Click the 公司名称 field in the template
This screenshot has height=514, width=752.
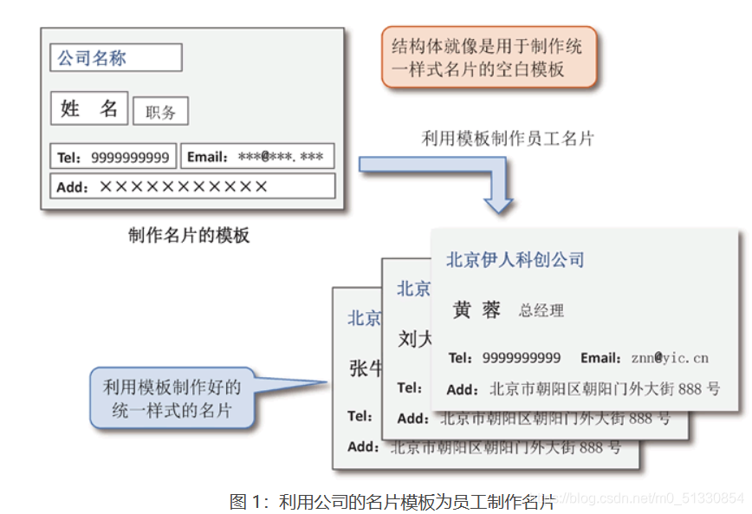click(115, 58)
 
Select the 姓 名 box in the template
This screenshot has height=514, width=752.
click(89, 108)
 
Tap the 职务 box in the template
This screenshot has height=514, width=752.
click(160, 112)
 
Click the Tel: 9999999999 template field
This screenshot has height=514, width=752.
click(113, 157)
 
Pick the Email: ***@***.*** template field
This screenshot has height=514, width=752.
click(256, 157)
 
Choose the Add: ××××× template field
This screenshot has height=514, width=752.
click(192, 186)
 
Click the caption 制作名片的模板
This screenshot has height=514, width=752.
click(188, 235)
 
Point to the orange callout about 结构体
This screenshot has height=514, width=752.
click(489, 56)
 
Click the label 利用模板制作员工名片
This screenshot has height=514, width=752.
click(508, 138)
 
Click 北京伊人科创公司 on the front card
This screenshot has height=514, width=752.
click(515, 259)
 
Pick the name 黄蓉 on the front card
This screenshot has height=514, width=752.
click(476, 310)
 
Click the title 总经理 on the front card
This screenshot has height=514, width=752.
click(541, 310)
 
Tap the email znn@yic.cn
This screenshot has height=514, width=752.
click(669, 357)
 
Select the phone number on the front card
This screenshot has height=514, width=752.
click(521, 357)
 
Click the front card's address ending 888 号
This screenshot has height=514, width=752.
click(605, 389)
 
